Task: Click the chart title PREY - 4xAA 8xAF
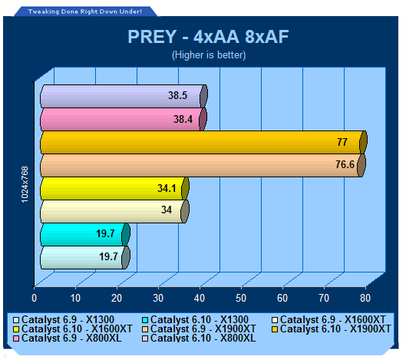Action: pyautogui.click(x=208, y=37)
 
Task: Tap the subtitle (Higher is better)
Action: pyautogui.click(x=209, y=55)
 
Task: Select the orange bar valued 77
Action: pyautogui.click(x=203, y=142)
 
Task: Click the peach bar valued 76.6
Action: pyautogui.click(x=203, y=165)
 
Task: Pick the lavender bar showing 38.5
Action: pyautogui.click(x=124, y=96)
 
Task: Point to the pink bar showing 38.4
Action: pyautogui.click(x=124, y=119)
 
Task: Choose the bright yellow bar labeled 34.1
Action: pyautogui.click(x=114, y=188)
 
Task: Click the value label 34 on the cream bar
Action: pyautogui.click(x=167, y=210)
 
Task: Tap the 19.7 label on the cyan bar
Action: pyautogui.click(x=105, y=233)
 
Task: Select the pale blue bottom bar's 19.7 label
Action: pyautogui.click(x=109, y=256)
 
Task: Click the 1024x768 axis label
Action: pyautogui.click(x=25, y=184)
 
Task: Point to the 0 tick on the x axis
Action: pyautogui.click(x=34, y=298)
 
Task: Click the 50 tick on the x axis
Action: pyautogui.click(x=241, y=298)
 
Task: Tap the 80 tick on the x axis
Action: pyautogui.click(x=365, y=298)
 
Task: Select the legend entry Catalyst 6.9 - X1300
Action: pyautogui.click(x=64, y=320)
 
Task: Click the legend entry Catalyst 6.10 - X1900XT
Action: pyautogui.click(x=331, y=329)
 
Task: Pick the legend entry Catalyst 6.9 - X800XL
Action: pyautogui.click(x=68, y=338)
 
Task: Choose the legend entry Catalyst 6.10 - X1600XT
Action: pyautogui.click(x=73, y=329)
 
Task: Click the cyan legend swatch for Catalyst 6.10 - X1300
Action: pyautogui.click(x=145, y=320)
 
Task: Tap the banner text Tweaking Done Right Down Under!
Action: pyautogui.click(x=85, y=12)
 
